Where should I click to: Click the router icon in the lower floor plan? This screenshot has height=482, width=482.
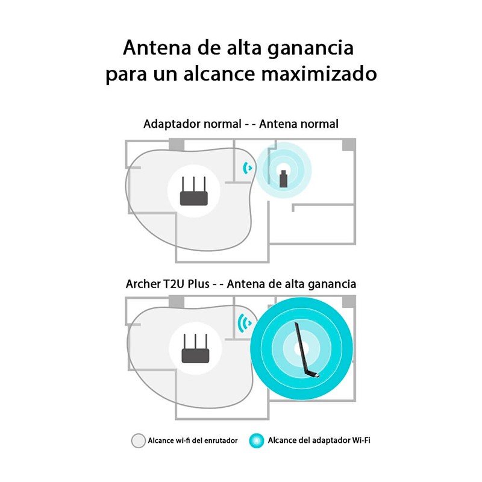[x=194, y=349]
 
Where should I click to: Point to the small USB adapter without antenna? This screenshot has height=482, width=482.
[x=283, y=179]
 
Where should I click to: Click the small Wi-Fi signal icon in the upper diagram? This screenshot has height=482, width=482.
[x=246, y=169]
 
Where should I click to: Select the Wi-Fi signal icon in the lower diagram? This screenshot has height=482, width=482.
[x=244, y=324]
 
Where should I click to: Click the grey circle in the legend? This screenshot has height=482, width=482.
[x=138, y=440]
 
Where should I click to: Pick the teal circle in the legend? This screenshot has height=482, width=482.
[x=257, y=440]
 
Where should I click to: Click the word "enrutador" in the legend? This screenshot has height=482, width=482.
[x=218, y=441]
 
